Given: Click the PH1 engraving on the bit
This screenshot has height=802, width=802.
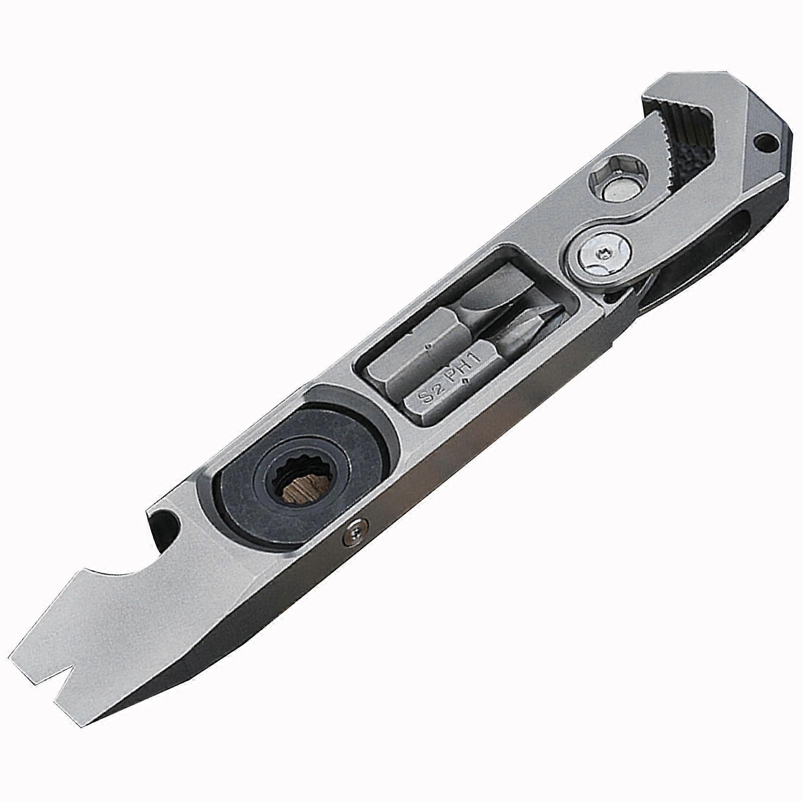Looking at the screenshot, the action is pos(460,367).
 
